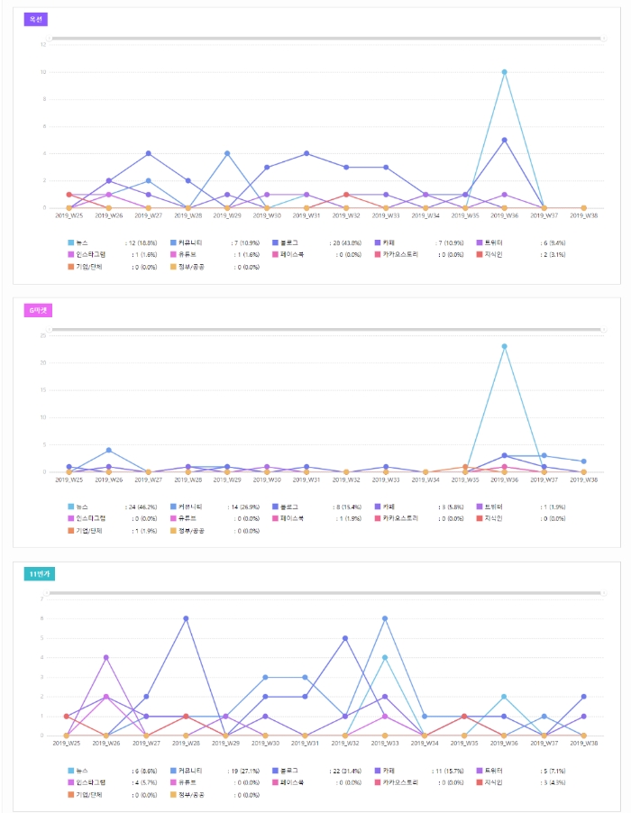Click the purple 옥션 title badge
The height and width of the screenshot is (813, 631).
pyautogui.click(x=35, y=19)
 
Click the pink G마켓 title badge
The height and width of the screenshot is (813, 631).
pyautogui.click(x=40, y=310)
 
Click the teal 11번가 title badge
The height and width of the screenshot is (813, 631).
pyautogui.click(x=40, y=573)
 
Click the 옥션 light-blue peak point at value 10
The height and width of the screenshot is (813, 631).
pyautogui.click(x=504, y=72)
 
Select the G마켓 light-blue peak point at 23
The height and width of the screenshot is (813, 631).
pyautogui.click(x=504, y=346)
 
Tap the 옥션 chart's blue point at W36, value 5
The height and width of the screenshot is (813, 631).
pyautogui.click(x=504, y=140)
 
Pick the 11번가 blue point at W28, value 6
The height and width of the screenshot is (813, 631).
pyautogui.click(x=186, y=618)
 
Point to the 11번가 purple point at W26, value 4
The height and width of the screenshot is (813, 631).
pyautogui.click(x=106, y=657)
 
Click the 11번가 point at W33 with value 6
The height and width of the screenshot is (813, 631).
pyautogui.click(x=385, y=618)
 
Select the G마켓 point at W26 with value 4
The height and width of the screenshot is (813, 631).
pyautogui.click(x=108, y=450)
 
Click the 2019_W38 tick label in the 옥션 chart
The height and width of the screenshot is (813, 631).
pyautogui.click(x=583, y=216)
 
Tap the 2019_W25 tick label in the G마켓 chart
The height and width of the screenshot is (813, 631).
pyautogui.click(x=69, y=480)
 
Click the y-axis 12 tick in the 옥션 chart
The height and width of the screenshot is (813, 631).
pyautogui.click(x=43, y=44)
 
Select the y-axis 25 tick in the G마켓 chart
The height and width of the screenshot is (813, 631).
pyautogui.click(x=43, y=335)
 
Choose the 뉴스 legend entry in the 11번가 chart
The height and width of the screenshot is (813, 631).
pyautogui.click(x=82, y=771)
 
